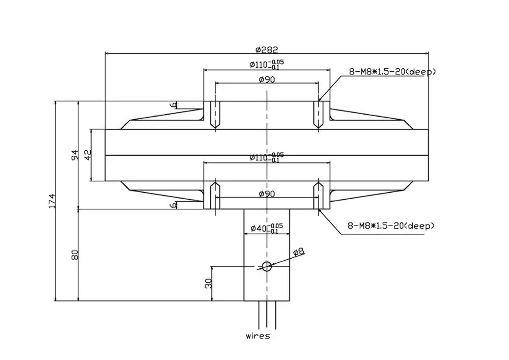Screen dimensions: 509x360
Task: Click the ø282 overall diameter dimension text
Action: [267, 49]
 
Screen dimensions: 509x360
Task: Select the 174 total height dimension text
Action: [52, 201]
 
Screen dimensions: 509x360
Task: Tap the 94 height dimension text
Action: [75, 155]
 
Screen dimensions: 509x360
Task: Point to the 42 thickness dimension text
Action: [88, 155]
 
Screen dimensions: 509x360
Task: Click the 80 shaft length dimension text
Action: [75, 255]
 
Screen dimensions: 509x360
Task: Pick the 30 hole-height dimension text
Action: [208, 284]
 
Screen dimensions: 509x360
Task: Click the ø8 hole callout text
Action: [299, 252]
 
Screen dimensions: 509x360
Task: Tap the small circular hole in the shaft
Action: [267, 266]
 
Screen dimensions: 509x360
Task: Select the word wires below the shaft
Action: [258, 336]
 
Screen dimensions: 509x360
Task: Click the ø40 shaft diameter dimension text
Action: [267, 228]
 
